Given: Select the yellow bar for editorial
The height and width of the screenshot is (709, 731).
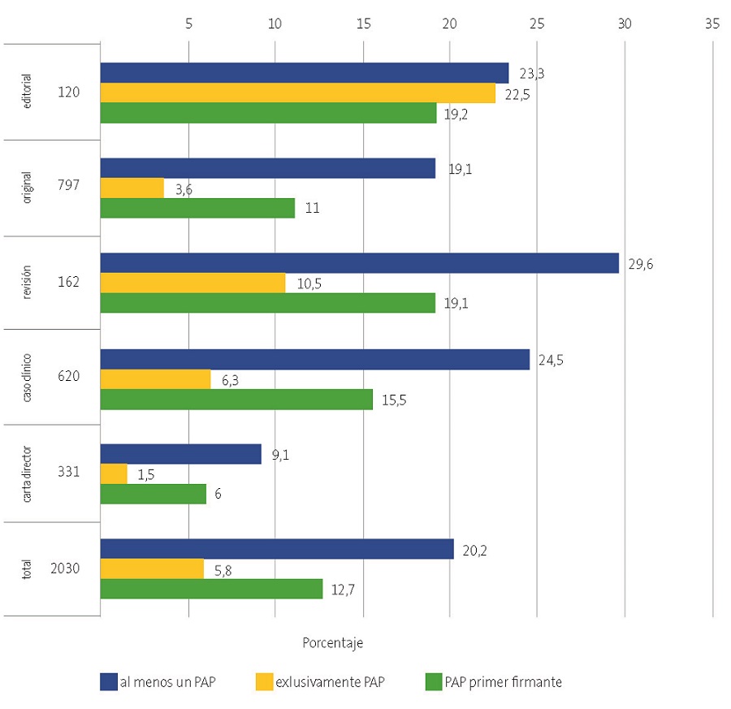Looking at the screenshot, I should coord(297,93).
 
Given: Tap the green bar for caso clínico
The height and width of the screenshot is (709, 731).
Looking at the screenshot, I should coord(236,399).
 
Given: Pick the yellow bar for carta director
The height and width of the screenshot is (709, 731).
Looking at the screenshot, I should coord(114,474).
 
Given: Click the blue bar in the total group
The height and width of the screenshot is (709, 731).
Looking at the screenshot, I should coord(277,549).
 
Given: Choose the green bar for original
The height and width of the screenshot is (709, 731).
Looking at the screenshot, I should coord(197,208).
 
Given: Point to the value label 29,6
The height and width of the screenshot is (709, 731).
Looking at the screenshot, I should coord(641,264).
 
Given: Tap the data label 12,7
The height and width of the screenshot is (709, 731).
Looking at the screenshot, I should coord(344,590).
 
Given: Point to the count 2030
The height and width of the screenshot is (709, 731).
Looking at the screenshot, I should coord(64,568).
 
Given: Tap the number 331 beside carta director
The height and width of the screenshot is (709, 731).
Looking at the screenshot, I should coord(68,471).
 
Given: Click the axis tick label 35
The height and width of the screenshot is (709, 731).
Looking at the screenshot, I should coord(712,24).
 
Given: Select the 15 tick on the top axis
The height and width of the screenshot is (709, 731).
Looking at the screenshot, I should coord(363,24).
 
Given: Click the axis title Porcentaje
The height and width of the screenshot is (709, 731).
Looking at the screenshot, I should coord(333,642).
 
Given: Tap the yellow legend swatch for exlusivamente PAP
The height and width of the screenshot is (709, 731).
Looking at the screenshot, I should coord(266,682).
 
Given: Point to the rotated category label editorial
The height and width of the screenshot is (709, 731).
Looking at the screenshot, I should coord(28,93).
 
